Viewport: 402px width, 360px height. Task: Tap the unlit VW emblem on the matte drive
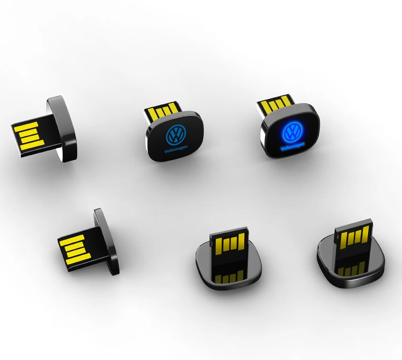point(176,134)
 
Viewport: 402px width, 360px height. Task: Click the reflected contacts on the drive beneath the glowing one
point(351,268)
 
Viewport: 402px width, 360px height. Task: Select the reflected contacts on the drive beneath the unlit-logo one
point(229,276)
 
